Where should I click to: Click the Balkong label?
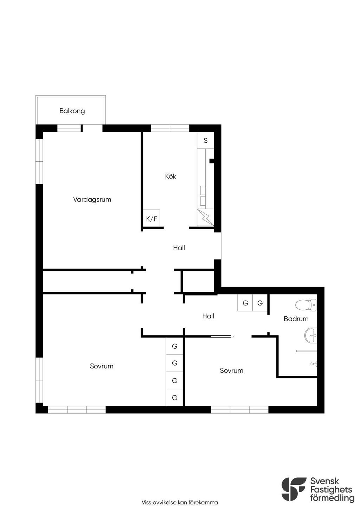point(72,111)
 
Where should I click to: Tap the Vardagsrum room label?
point(92,200)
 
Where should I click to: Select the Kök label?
point(171,176)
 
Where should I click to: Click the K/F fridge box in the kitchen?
point(152,218)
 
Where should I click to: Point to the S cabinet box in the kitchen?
point(205,140)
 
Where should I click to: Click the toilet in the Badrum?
point(306,305)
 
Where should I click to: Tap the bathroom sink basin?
point(310,335)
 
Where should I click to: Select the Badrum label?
point(296,319)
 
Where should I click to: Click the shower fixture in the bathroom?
point(314,364)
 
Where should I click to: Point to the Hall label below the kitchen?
point(179,248)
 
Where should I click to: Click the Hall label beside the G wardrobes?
point(208,316)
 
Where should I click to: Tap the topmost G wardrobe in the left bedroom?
point(174,346)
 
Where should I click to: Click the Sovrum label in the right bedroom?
point(231,371)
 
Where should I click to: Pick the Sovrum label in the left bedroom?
point(102,366)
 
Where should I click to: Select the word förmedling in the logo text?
point(332,497)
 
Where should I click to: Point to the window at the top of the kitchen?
point(170,128)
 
